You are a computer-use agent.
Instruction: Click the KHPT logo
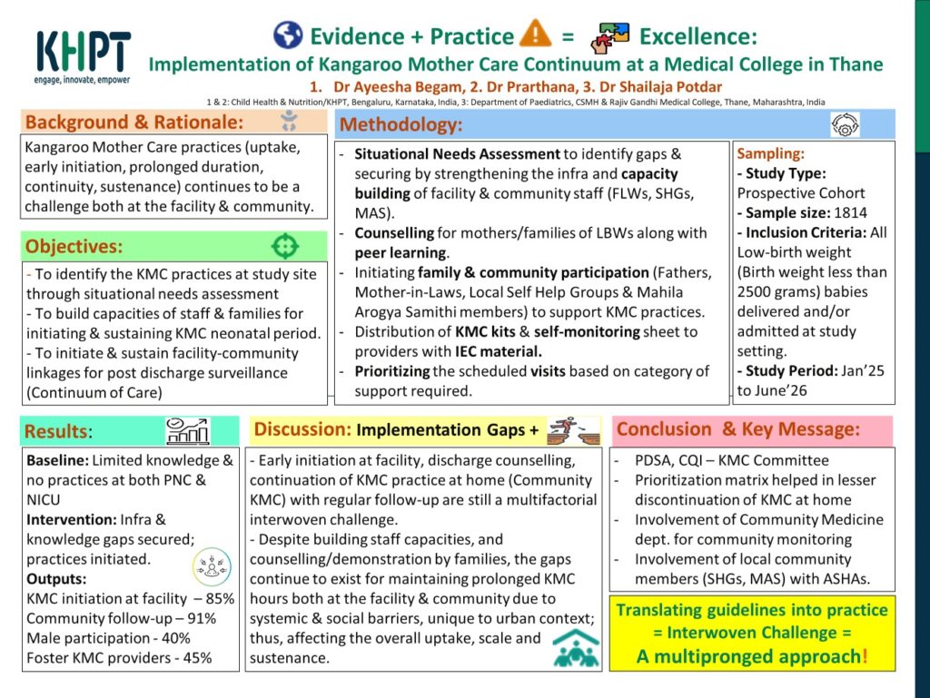(83, 57)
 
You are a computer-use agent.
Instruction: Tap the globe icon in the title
(288, 35)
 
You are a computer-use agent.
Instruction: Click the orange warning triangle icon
(535, 34)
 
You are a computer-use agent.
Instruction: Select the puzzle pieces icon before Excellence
(610, 37)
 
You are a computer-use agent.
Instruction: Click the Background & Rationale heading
(134, 122)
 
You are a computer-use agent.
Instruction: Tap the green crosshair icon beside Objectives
(284, 246)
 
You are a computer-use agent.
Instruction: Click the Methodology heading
(401, 124)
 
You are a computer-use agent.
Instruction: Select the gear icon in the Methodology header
(845, 125)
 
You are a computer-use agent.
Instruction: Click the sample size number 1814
(850, 212)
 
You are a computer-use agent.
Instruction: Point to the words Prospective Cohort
(801, 193)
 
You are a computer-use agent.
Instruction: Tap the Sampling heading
(770, 153)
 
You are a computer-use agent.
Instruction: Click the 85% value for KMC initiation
(220, 598)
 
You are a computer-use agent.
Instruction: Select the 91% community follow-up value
(202, 619)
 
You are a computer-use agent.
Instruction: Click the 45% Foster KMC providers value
(197, 658)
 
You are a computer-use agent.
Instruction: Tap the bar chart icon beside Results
(187, 431)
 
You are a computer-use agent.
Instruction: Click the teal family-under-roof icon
(576, 649)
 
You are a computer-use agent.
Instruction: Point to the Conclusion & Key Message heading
(737, 429)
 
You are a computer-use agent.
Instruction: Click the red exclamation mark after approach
(865, 656)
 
